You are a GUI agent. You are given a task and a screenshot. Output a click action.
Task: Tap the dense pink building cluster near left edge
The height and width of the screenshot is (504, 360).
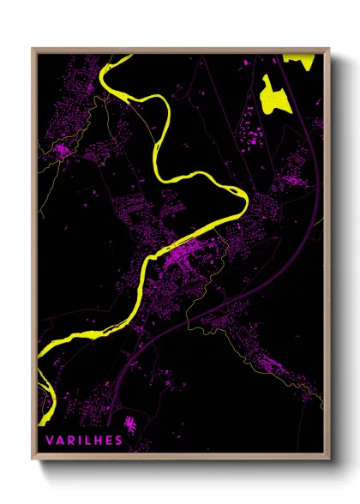tap(62, 152)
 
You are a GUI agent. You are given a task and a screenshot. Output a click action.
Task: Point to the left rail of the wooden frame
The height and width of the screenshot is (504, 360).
tap(33, 257)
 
